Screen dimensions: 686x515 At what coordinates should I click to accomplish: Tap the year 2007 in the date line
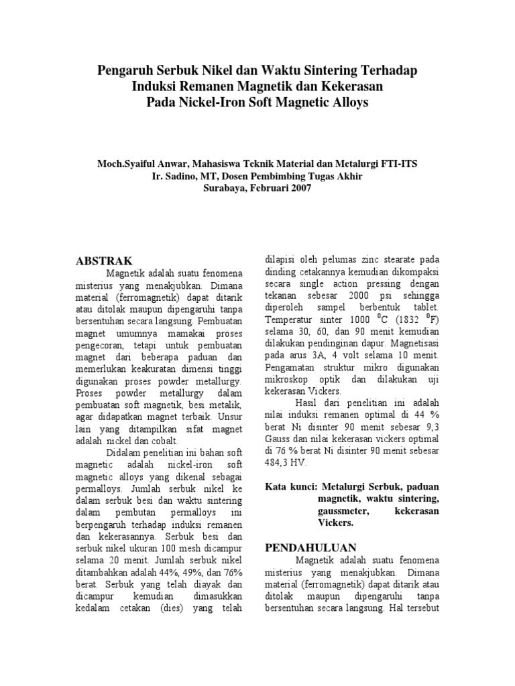coord(298,188)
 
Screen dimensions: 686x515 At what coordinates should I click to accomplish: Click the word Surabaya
coord(225,188)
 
